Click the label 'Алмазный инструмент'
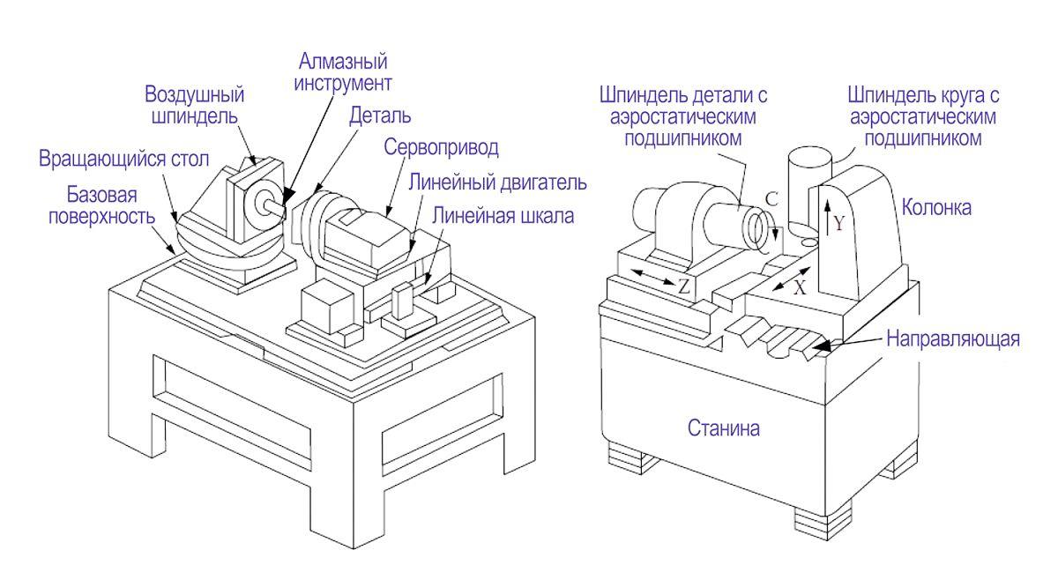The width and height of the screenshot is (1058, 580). pos(344,73)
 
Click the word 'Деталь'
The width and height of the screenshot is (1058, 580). pos(379,115)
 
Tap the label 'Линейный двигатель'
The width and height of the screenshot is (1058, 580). pos(498,182)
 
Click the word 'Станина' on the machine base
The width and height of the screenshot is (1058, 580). pos(723,429)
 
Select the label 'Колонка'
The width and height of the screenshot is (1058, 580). pos(936,208)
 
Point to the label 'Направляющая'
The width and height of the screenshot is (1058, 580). pos(952,338)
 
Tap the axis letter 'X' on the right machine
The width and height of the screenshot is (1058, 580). pos(800,286)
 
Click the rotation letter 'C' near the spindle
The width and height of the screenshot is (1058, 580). pos(770,200)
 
